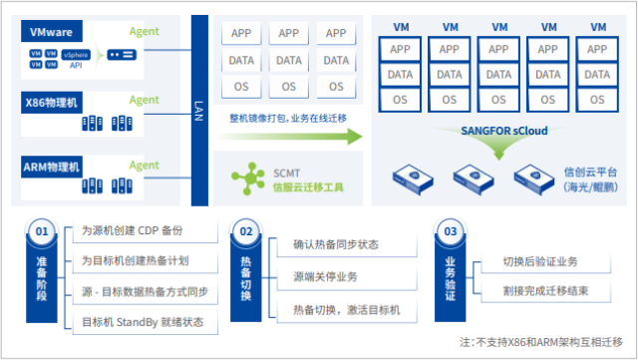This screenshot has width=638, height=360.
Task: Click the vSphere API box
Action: [77, 55]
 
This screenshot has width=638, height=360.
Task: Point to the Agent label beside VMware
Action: [144, 31]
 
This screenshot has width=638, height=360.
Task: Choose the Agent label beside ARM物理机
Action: [144, 166]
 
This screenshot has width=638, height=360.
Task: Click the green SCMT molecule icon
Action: [244, 179]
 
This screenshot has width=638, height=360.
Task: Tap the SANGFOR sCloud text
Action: [504, 130]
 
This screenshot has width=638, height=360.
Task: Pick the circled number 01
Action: [42, 231]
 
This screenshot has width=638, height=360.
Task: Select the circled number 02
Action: [246, 231]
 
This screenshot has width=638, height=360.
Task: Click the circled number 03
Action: [451, 231]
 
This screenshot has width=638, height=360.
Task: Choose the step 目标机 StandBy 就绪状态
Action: [142, 321]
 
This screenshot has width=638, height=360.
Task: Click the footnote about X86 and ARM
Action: [544, 342]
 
